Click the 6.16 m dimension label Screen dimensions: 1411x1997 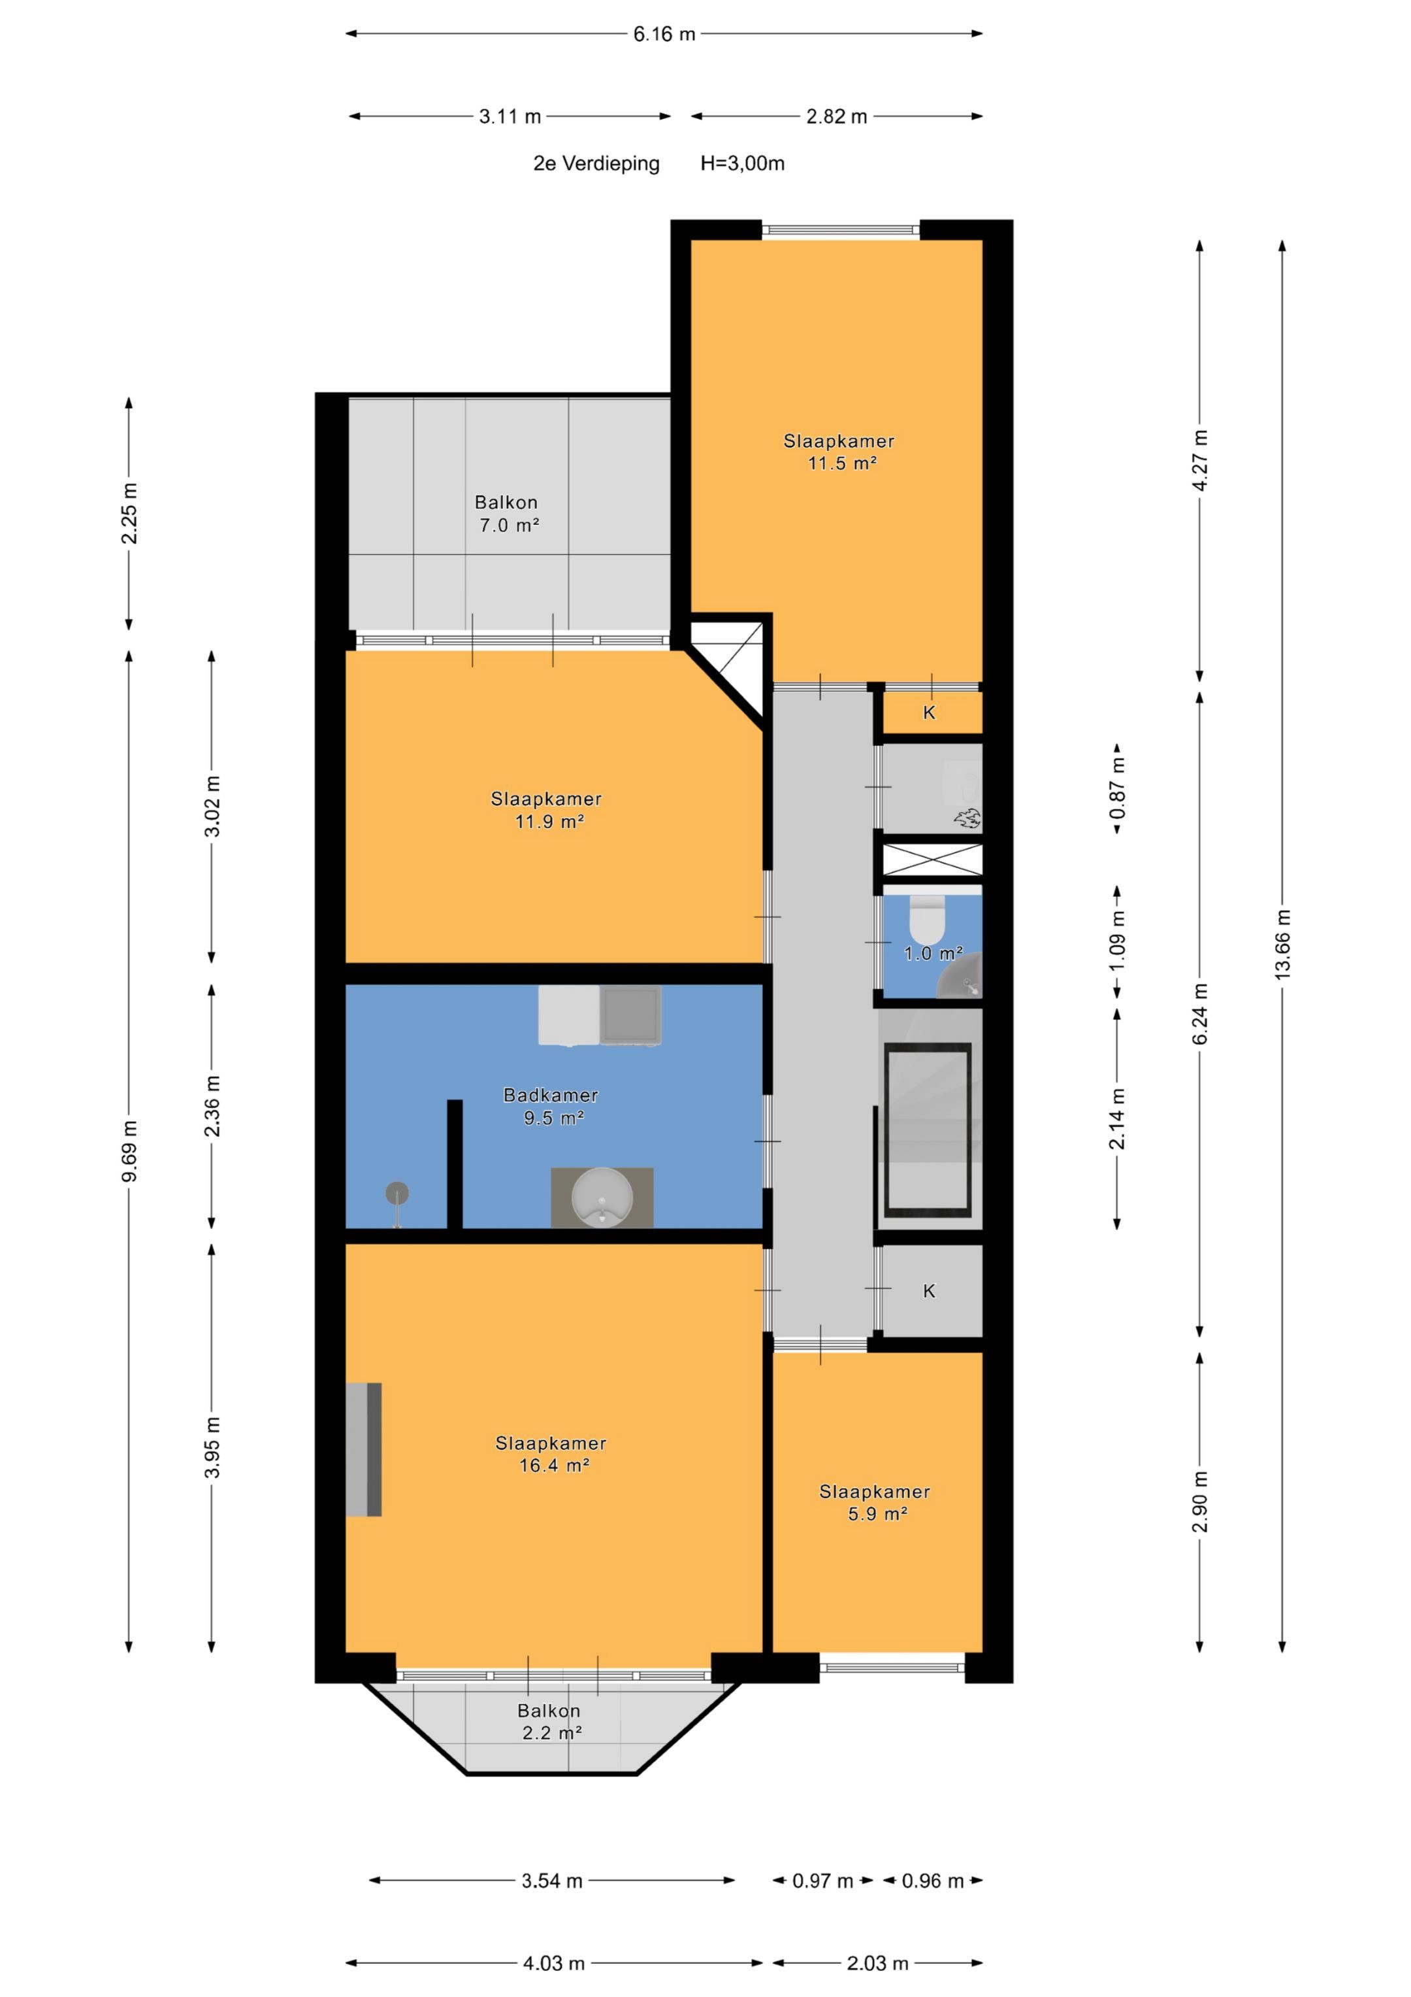pyautogui.click(x=664, y=34)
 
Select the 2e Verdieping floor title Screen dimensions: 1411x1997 pyautogui.click(x=596, y=163)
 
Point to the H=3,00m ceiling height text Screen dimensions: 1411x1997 pyautogui.click(x=743, y=163)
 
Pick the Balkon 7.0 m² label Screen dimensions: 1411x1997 pyautogui.click(x=507, y=513)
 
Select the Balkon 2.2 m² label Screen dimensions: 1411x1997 pyautogui.click(x=549, y=1721)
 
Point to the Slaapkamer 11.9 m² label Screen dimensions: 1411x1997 pyautogui.click(x=547, y=810)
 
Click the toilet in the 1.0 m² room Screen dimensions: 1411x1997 pyautogui.click(x=927, y=913)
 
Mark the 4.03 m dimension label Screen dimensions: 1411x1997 pyautogui.click(x=554, y=1963)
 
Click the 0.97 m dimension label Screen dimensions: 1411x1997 pyautogui.click(x=822, y=1881)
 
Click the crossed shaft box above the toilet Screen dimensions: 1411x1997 pyautogui.click(x=933, y=860)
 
